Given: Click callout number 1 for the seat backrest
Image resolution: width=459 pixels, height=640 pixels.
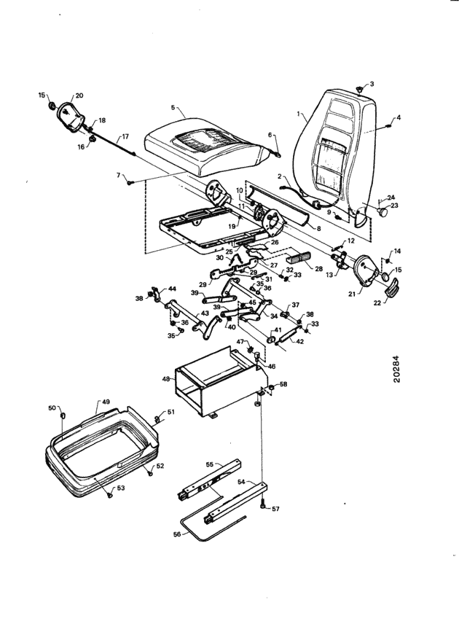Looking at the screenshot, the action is [299, 114].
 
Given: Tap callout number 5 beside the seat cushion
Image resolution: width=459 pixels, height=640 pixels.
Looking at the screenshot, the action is [173, 107].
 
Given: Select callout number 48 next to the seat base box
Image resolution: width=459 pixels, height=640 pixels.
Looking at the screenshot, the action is [165, 379].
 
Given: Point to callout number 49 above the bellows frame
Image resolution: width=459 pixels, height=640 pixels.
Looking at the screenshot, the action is [106, 402].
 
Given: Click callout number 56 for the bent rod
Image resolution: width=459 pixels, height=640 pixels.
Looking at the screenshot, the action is [176, 534].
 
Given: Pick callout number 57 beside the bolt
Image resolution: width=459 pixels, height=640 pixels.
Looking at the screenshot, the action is [276, 509].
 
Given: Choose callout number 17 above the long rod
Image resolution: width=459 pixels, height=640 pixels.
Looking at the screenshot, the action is [125, 137].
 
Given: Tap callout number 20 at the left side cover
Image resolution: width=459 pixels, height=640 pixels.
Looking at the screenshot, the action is [79, 95].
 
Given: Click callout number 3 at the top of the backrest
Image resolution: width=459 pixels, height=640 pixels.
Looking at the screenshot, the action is [372, 84].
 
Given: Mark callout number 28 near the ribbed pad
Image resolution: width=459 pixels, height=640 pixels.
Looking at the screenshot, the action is [318, 269].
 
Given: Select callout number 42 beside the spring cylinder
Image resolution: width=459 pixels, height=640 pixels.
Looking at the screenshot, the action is [299, 342].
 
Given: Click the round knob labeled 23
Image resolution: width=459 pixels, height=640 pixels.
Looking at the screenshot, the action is [382, 212].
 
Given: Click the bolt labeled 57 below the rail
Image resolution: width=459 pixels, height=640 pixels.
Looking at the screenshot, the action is [263, 505].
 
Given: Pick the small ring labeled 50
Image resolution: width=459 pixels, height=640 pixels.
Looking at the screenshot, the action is [63, 415].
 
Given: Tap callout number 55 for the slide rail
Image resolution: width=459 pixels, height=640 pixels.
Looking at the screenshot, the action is [210, 464].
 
